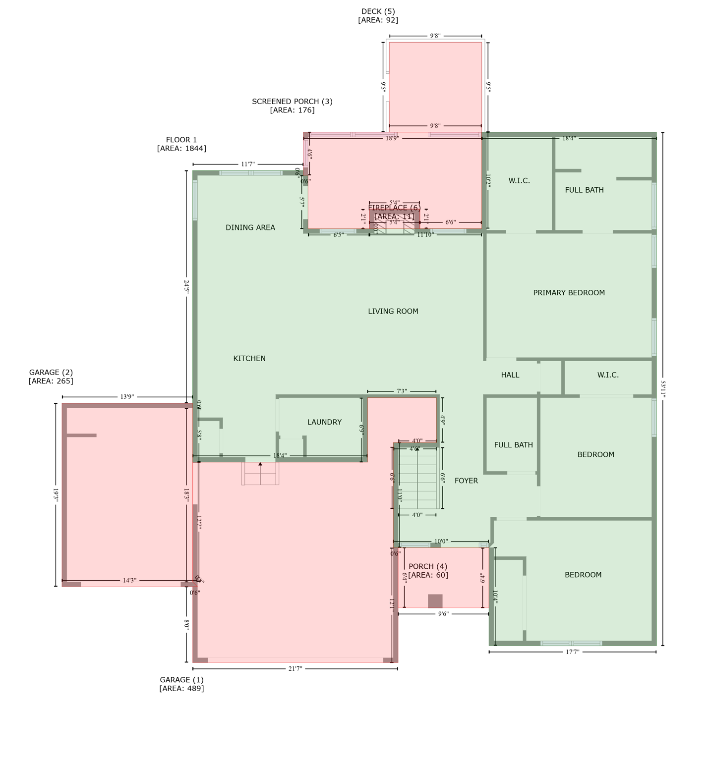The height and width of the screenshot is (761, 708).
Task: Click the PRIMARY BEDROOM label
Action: click(x=569, y=293)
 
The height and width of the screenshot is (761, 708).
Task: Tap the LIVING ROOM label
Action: click(x=393, y=311)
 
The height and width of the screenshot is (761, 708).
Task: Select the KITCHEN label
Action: click(x=249, y=358)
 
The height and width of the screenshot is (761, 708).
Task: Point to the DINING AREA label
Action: click(x=250, y=227)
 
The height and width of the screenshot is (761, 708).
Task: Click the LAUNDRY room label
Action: click(x=324, y=422)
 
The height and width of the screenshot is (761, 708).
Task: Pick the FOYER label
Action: click(x=466, y=481)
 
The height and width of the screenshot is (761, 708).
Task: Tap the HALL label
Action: click(x=510, y=375)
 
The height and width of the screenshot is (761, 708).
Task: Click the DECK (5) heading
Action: click(x=378, y=11)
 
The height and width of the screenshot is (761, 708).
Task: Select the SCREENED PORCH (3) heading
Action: click(x=292, y=102)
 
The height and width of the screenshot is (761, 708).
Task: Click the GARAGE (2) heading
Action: click(x=51, y=373)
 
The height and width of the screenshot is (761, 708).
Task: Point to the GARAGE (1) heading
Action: click(x=181, y=680)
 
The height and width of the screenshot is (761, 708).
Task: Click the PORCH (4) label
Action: click(x=428, y=566)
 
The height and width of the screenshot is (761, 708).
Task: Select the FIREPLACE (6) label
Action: click(x=394, y=208)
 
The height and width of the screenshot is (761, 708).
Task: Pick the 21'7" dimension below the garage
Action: click(x=295, y=669)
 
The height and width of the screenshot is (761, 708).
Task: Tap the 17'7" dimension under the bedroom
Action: click(x=572, y=652)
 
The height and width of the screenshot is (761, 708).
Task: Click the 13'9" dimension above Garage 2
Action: click(x=127, y=397)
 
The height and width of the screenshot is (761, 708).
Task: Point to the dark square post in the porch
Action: click(x=435, y=601)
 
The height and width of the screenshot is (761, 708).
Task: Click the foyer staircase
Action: click(x=418, y=478)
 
